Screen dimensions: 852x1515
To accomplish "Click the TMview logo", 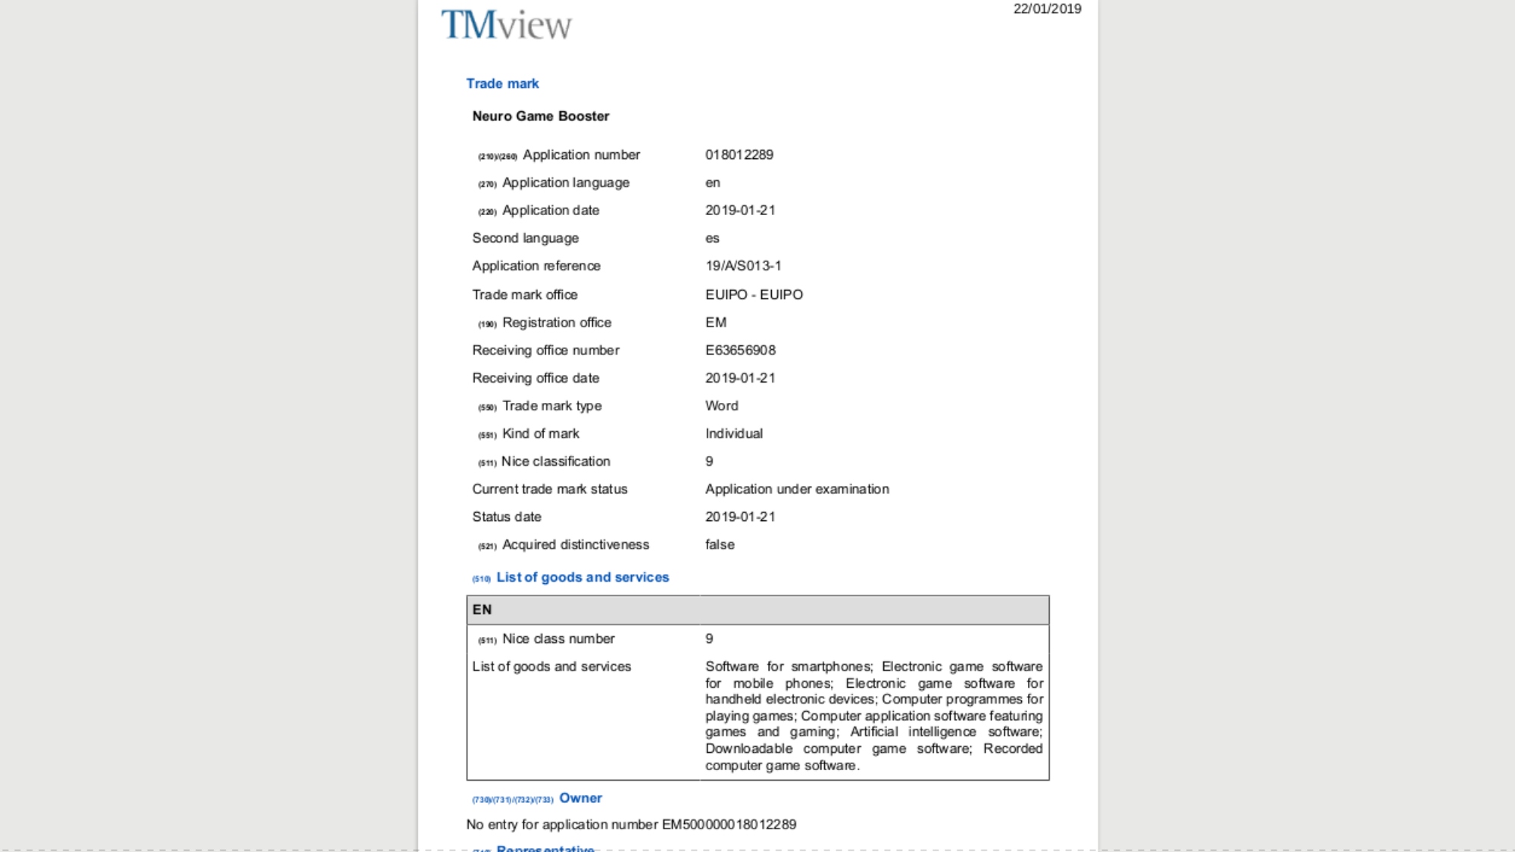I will coord(506,25).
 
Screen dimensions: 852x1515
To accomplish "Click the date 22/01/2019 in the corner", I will coord(1047,9).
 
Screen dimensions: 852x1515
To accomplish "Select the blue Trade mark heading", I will coord(502,83).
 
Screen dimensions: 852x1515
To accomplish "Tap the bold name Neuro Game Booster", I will coord(541,116).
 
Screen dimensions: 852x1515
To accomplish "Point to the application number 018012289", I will coord(739,154).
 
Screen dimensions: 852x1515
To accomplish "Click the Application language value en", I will coord(713,183).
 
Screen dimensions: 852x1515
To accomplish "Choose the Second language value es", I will coord(712,238).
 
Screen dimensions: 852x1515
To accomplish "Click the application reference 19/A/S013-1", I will coord(743,266).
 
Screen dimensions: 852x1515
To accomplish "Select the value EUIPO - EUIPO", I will coord(754,295).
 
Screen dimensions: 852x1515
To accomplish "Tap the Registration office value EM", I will coord(716,323).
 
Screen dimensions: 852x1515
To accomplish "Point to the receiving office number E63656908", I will coord(740,350).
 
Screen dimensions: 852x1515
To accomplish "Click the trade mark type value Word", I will coord(721,406).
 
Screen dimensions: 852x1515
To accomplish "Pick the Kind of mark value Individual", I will coord(734,433).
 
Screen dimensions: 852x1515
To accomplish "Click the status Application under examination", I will coord(797,489).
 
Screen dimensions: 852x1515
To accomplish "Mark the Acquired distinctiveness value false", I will coord(720,545).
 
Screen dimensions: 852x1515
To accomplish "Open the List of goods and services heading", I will coord(583,577).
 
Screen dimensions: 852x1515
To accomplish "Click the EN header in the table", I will coord(483,610).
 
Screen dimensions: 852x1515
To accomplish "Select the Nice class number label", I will coord(558,638).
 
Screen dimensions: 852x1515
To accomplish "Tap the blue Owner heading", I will coord(580,798).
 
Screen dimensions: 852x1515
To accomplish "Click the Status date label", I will coord(507,517).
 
